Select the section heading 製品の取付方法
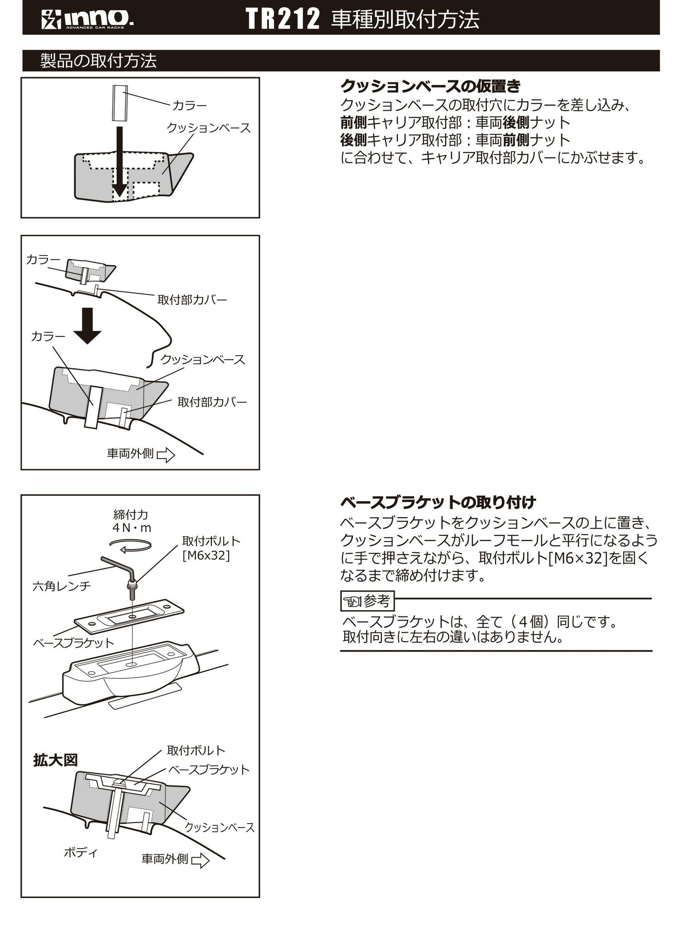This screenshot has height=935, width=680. click(98, 61)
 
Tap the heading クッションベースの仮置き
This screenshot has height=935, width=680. click(430, 86)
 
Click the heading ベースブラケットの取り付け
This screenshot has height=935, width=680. click(438, 502)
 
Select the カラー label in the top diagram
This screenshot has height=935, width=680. click(189, 106)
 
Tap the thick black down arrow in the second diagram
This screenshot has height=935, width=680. click(87, 326)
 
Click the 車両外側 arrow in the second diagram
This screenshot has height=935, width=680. click(166, 455)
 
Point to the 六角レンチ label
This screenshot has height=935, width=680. click(62, 586)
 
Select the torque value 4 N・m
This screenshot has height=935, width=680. click(131, 528)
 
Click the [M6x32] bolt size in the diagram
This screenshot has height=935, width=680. click(206, 555)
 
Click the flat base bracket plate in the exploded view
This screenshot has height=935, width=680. click(129, 618)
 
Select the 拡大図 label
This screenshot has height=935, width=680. click(55, 760)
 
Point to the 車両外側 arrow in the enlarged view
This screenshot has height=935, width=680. click(200, 860)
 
